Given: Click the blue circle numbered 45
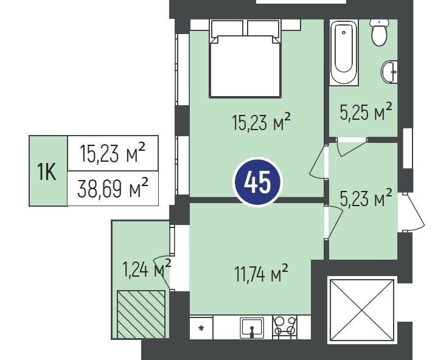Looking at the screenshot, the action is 257,182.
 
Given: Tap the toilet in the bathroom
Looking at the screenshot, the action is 379,33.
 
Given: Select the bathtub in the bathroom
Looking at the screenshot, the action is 344,53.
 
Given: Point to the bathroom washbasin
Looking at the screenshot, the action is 390,72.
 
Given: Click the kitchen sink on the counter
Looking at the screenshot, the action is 252,328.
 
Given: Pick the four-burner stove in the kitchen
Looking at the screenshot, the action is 284,327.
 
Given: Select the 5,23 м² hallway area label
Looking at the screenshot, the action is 366,198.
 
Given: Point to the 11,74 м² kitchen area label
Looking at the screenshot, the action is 262,273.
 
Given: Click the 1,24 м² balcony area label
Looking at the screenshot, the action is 146,268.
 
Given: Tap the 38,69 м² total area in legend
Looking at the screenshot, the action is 113,189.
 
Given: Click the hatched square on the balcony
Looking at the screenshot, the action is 141,314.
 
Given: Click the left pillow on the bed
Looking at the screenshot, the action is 227,29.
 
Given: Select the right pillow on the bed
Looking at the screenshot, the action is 263,29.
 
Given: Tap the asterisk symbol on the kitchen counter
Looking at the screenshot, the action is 201,328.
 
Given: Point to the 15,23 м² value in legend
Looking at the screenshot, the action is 113,153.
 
